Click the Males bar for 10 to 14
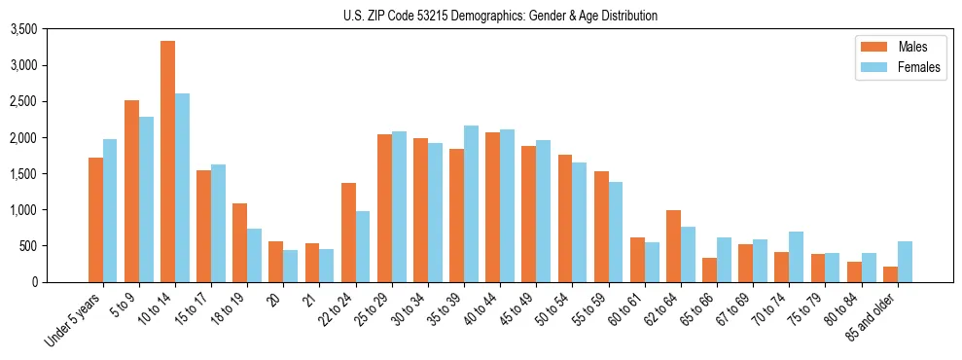pyautogui.click(x=167, y=162)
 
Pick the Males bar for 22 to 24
pyautogui.click(x=348, y=233)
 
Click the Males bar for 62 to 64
pyautogui.click(x=673, y=246)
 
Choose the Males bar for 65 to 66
pyautogui.click(x=709, y=270)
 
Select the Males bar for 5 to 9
pyautogui.click(x=131, y=191)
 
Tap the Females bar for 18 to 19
pyautogui.click(x=254, y=255)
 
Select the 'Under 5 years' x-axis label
pyautogui.click(x=72, y=320)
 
